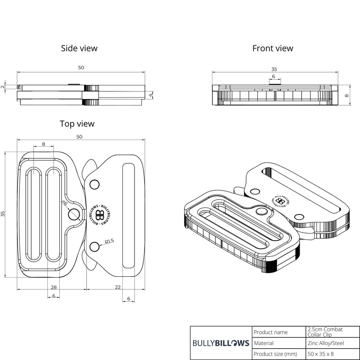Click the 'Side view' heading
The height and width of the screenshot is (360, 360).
(79, 48)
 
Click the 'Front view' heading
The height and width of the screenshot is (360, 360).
(273, 48)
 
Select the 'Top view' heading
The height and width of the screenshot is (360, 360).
(77, 123)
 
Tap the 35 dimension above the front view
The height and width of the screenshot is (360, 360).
(274, 69)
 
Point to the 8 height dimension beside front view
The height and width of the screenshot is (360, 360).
(347, 95)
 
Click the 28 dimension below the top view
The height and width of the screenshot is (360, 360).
(54, 287)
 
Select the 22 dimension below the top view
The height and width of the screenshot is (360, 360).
(117, 287)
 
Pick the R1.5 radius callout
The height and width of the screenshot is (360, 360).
(109, 242)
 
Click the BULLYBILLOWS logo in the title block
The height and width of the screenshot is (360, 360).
(220, 343)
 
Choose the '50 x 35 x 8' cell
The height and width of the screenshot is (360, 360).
(322, 354)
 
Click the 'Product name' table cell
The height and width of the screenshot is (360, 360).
(270, 332)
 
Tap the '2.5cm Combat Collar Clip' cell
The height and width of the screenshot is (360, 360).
(325, 332)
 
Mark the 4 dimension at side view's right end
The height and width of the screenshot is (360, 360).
(151, 95)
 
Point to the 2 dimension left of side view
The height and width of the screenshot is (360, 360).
(3, 86)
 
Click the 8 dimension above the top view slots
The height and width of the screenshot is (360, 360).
(43, 144)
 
